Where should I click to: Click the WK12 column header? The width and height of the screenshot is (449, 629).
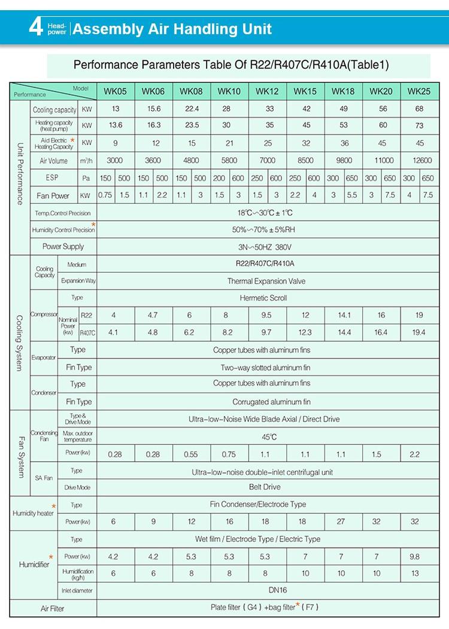[267, 91]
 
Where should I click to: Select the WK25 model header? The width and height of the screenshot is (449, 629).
[419, 91]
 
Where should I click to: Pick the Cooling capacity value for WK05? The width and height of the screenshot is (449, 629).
[116, 109]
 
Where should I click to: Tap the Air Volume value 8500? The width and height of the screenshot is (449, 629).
[305, 161]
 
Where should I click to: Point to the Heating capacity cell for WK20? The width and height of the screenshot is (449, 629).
[381, 125]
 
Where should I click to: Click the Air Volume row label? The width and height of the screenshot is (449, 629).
[54, 161]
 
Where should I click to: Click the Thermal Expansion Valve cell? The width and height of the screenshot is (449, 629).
[266, 281]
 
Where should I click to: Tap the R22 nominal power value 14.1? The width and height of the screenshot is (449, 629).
[344, 315]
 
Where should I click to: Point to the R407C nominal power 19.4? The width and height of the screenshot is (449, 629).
[418, 332]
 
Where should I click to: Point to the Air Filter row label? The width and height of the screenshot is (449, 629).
[52, 609]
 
